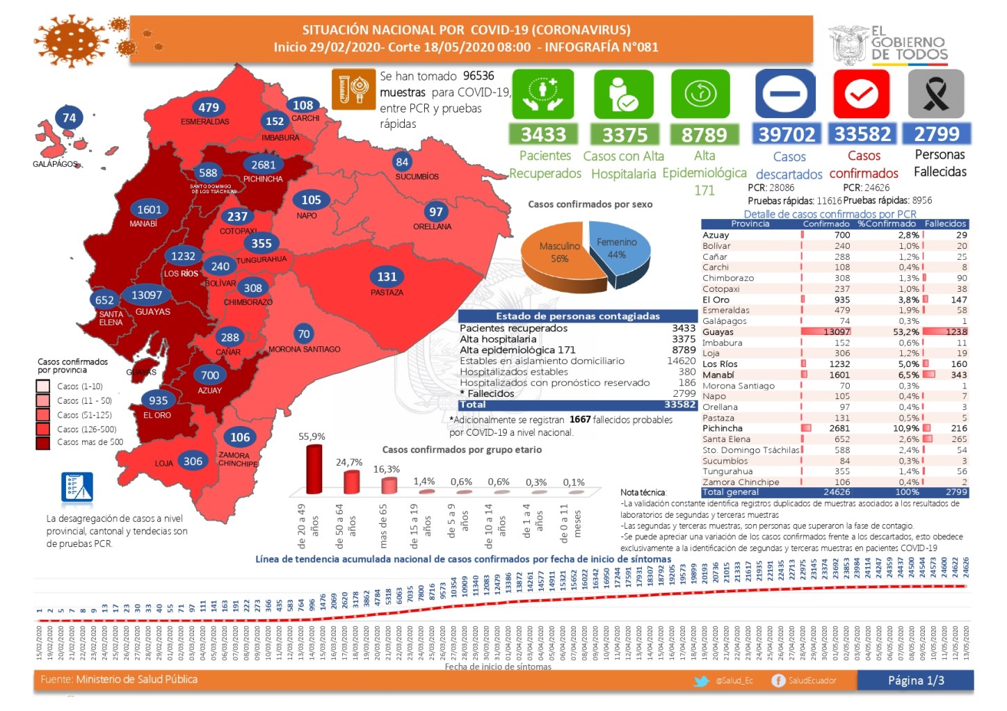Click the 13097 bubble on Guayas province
point(147,295)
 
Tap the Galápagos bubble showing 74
point(69,118)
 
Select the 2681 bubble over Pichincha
point(264,165)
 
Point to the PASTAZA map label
point(387,293)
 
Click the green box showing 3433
point(543,134)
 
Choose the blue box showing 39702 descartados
point(786,134)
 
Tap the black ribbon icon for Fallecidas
point(936,94)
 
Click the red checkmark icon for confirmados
point(862,94)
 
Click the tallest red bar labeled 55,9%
point(314,469)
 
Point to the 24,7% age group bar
point(352,481)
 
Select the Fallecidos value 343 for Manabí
point(958,375)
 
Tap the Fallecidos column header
point(945,224)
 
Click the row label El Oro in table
point(716,300)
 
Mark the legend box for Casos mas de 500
point(43,443)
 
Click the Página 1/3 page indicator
point(915,680)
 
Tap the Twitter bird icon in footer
point(702,681)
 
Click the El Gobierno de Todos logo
point(889,45)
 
